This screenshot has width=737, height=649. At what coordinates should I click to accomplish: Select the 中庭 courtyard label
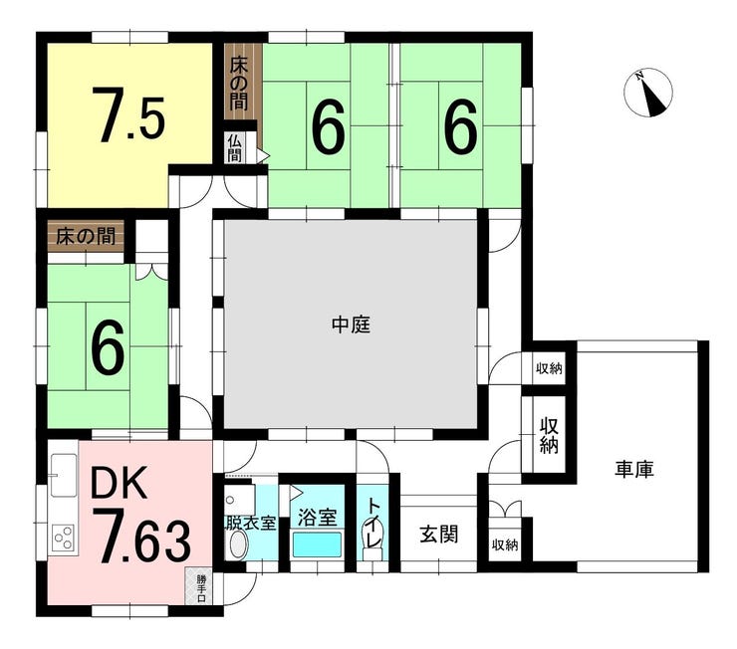(x=352, y=324)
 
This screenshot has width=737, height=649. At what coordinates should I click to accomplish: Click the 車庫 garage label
(x=634, y=469)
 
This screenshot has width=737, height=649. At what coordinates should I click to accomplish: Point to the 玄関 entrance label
(x=438, y=534)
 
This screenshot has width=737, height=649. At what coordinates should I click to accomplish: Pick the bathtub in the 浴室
(x=317, y=543)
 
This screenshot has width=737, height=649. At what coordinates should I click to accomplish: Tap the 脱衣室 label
(x=251, y=523)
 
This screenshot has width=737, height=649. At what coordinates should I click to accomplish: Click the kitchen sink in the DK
(x=64, y=475)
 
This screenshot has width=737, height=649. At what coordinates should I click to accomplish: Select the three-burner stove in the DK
(x=64, y=538)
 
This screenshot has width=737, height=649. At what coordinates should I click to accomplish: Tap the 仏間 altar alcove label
(x=234, y=148)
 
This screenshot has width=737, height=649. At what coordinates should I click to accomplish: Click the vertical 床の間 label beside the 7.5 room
(x=239, y=84)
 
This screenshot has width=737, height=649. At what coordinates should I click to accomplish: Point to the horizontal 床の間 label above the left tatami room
(x=86, y=236)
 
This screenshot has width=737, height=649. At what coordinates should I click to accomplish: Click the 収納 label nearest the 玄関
(x=505, y=545)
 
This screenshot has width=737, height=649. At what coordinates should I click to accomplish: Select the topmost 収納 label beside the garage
(x=549, y=368)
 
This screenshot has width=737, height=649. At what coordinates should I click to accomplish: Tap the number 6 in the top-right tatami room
(x=460, y=126)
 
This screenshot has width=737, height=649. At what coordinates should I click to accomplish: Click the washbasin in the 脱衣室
(x=236, y=545)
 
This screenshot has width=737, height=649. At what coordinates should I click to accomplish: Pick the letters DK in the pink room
(x=119, y=482)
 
